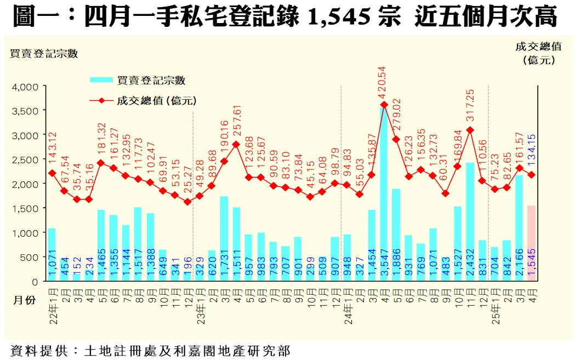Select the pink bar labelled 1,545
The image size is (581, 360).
point(531,243)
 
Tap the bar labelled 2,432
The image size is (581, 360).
point(470,222)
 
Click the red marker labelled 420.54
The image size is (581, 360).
point(384,105)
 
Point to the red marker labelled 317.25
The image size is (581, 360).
point(470,130)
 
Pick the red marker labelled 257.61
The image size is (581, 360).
point(236,145)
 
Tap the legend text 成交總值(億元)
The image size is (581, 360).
point(156,100)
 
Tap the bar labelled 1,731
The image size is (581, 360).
point(224,239)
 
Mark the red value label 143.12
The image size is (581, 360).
point(53,148)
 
